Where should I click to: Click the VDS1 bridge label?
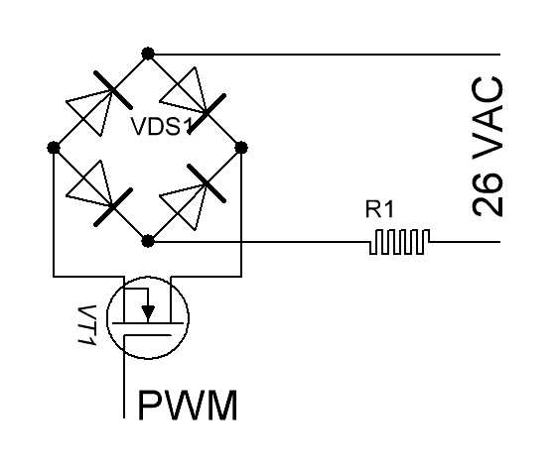[x=162, y=127]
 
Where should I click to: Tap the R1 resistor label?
[x=379, y=209]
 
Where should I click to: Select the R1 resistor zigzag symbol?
[x=399, y=242]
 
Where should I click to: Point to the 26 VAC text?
[x=488, y=146]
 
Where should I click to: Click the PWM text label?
[x=188, y=405]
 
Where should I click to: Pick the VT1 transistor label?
[x=86, y=324]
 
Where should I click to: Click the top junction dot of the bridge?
[x=148, y=54]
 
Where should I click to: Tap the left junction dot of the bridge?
[x=54, y=148]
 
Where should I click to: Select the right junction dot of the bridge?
[x=241, y=148]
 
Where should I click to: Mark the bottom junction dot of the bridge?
[x=148, y=241]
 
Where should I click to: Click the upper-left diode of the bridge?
[x=99, y=103]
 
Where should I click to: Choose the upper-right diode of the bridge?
[x=194, y=100]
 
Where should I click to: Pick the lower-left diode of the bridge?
[x=99, y=193]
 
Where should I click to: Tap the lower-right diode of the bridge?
[x=194, y=196]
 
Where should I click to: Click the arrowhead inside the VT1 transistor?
[x=148, y=311]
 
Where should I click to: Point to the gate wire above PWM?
[x=124, y=377]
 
